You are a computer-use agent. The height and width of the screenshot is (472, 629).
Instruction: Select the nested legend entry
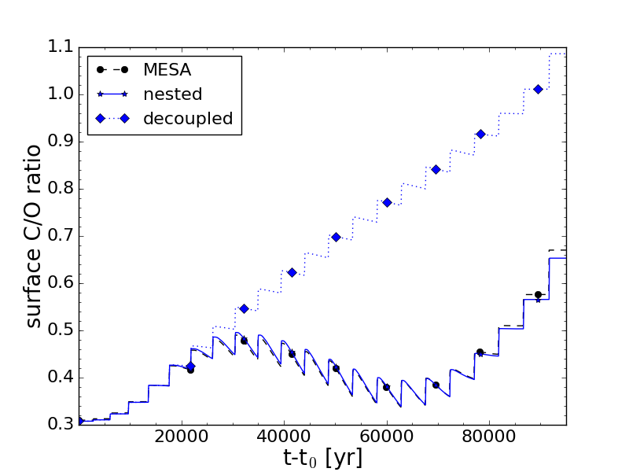(x=172, y=94)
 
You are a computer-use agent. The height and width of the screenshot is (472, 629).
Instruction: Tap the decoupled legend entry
(x=188, y=119)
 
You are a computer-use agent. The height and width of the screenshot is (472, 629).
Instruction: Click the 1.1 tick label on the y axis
(x=55, y=47)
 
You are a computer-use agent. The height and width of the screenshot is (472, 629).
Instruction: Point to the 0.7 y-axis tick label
(x=55, y=236)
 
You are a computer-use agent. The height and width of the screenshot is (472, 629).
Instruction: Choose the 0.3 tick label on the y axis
(x=55, y=424)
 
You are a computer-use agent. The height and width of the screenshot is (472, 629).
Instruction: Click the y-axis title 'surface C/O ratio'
(x=34, y=236)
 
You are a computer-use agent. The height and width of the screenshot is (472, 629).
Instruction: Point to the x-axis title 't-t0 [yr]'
(x=323, y=458)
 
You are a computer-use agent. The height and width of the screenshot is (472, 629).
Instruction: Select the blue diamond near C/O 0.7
(x=336, y=237)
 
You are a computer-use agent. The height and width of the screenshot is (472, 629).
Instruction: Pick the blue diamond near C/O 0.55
(x=244, y=308)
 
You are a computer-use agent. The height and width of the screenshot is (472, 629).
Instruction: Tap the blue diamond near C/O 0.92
(x=480, y=134)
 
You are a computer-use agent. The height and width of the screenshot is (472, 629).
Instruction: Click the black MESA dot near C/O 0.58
(x=538, y=294)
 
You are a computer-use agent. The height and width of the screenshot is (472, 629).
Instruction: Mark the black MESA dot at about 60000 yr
(x=386, y=387)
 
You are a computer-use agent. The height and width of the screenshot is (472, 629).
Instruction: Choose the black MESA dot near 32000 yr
(x=244, y=341)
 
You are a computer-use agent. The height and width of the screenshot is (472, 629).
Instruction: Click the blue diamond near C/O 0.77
(x=387, y=202)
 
